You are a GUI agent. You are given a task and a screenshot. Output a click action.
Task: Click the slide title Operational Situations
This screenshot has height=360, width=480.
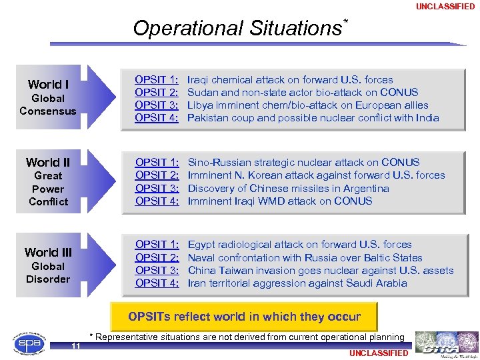coord(237,28)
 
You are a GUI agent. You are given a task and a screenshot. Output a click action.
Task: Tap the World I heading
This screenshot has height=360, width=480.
coord(48,85)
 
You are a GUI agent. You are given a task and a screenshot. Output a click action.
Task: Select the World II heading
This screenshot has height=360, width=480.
coord(48,163)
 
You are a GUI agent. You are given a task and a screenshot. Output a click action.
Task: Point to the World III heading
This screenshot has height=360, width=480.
coord(48,252)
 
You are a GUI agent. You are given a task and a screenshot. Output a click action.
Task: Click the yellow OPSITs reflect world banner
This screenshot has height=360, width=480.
coord(244,317)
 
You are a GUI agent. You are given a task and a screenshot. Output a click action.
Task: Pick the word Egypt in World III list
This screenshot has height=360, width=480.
coord(202,245)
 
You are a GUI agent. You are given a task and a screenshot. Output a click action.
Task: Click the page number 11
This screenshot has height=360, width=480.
coord(77,345)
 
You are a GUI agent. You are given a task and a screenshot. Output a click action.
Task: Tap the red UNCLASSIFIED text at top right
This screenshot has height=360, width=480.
coord(445,7)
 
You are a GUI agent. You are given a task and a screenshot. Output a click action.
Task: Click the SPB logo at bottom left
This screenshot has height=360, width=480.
coord(27,344)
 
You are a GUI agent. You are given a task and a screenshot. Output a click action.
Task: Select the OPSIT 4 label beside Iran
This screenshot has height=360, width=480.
coord(157,283)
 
